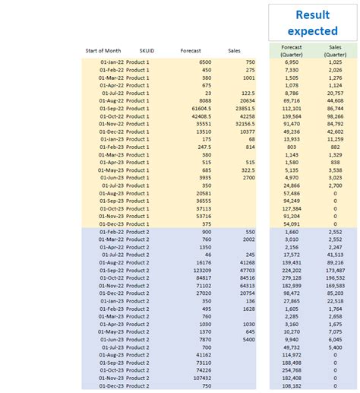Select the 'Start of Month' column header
(x=103, y=51)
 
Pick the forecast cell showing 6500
(x=205, y=62)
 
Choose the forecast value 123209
(x=201, y=270)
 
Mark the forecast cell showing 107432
(x=201, y=378)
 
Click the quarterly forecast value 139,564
(x=291, y=116)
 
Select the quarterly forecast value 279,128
(x=291, y=277)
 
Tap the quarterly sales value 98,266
(x=334, y=116)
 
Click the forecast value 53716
(x=203, y=216)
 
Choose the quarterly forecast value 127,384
(x=291, y=208)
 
